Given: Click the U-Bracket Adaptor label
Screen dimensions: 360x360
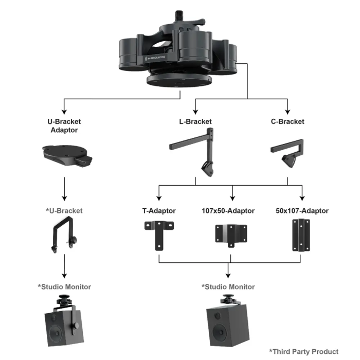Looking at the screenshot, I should tap(64, 125).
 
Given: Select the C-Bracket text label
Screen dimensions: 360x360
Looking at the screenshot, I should tap(287, 122).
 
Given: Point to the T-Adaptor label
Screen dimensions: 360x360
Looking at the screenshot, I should tap(159, 211).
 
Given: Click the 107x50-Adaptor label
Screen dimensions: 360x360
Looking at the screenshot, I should tap(228, 211).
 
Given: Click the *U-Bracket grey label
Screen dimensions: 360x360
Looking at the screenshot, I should tap(64, 211).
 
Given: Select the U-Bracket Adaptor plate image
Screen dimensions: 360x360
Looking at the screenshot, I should tap(65, 154).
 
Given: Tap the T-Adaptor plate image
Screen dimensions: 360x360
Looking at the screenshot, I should tap(158, 233).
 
